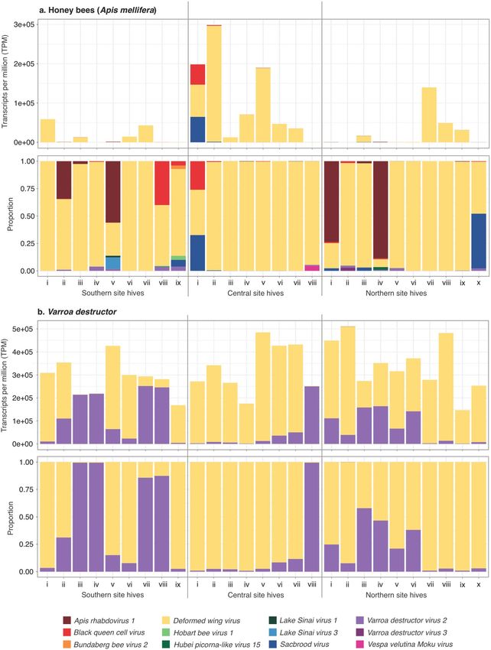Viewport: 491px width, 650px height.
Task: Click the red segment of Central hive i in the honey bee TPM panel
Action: point(197,75)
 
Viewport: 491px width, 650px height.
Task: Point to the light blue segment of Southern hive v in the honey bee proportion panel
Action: point(113,262)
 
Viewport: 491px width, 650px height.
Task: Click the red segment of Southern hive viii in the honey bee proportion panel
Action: point(161,184)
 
